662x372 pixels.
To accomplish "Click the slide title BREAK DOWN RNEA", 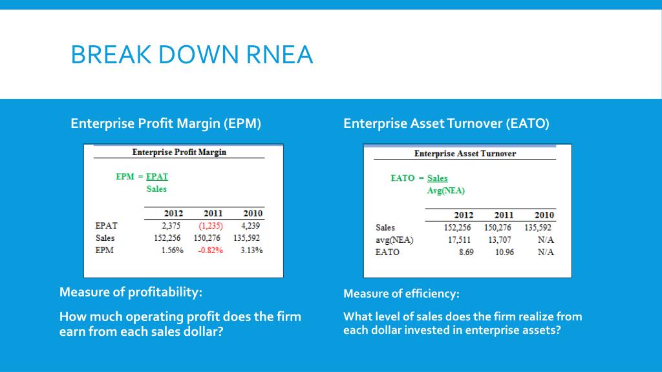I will click(191, 54).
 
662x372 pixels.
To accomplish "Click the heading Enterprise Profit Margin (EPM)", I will click(165, 123).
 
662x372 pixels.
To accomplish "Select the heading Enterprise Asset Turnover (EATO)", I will click(446, 123).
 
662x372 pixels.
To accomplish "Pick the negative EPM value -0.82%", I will click(210, 251).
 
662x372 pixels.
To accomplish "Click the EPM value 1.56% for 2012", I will click(171, 251).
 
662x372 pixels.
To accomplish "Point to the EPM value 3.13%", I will click(251, 251).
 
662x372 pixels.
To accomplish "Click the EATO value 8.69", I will click(465, 252).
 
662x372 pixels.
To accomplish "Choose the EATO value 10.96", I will click(504, 252).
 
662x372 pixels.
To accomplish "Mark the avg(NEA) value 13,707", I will click(500, 240).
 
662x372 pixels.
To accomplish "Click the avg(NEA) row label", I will click(394, 240).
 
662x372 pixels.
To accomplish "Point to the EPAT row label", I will click(106, 225).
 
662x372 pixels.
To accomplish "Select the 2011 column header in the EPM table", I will click(213, 213).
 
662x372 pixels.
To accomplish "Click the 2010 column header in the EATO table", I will click(544, 215).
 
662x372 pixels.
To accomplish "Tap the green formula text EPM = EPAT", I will click(142, 176).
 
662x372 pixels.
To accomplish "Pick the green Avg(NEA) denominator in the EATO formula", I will click(446, 191).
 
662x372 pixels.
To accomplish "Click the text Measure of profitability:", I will click(131, 292).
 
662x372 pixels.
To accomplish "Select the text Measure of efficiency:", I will click(401, 294).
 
